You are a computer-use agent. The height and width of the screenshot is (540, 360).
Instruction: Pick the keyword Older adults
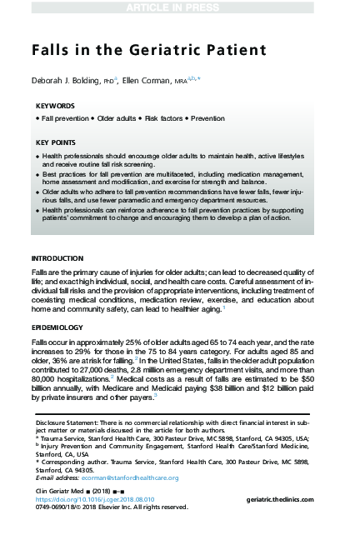[x=117, y=120]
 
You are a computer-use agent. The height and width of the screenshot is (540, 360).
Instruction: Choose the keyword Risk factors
[x=163, y=120]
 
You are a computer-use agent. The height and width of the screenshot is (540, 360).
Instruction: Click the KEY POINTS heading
[x=57, y=143]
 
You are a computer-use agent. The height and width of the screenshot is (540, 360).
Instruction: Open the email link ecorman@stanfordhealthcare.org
[x=126, y=477]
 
